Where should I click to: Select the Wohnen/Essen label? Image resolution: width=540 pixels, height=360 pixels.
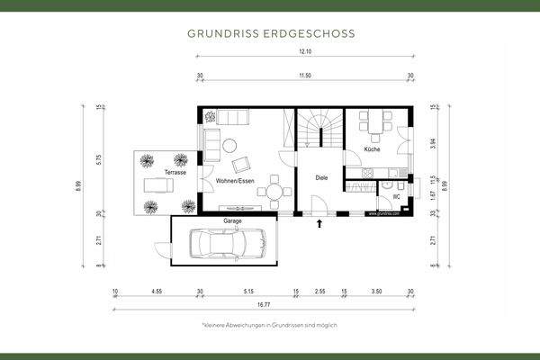pos(234,182)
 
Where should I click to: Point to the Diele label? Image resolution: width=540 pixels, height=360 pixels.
pos(320,178)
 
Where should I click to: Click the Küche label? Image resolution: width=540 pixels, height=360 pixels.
pos(373,148)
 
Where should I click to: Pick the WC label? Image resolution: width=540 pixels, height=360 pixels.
pos(395,196)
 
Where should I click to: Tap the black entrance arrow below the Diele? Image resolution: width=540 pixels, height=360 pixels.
pos(319,222)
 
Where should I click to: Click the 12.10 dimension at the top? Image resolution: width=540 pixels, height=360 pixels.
pos(307,53)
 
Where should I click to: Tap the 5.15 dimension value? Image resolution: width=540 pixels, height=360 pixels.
pos(248,292)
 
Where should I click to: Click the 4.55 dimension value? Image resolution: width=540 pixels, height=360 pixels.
pos(157,292)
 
